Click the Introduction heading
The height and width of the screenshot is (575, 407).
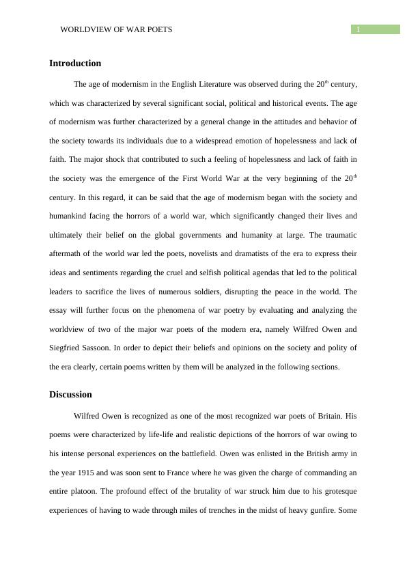pos(75,64)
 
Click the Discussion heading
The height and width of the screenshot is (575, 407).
pos(70,395)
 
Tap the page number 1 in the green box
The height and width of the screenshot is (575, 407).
pos(357,29)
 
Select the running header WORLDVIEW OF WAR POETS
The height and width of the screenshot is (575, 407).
pos(116,29)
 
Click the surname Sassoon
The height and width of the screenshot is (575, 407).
pos(103,348)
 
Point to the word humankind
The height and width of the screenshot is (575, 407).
pos(68,216)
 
